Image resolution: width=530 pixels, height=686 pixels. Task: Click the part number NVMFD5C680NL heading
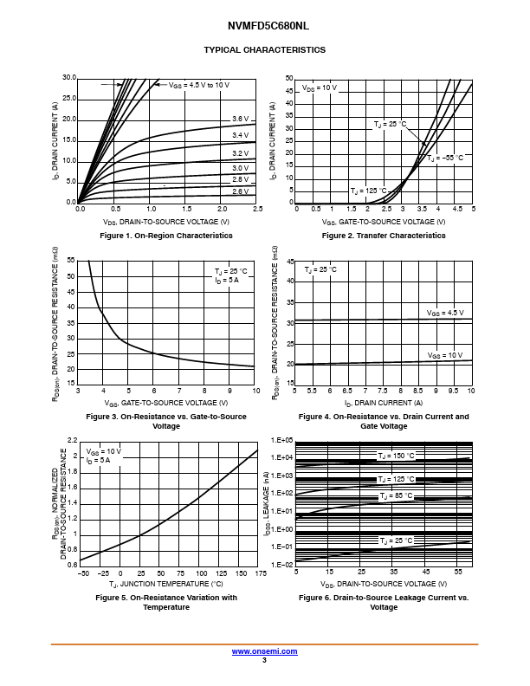264,27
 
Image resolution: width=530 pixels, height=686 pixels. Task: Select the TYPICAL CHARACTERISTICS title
264,50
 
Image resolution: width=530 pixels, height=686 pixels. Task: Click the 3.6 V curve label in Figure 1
240,119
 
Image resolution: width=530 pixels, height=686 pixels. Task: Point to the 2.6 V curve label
240,191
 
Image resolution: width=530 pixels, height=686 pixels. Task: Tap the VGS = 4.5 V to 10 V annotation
198,85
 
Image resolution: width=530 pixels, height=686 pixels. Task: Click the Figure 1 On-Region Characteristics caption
166,236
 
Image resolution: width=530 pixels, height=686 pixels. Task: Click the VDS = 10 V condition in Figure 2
320,88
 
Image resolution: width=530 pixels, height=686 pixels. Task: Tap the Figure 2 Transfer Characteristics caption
384,236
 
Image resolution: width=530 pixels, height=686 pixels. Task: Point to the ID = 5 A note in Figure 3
228,281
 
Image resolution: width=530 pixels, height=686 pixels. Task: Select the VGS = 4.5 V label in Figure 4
444,313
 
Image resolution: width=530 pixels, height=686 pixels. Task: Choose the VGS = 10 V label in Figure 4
446,355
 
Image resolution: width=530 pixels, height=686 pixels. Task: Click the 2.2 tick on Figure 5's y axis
72,441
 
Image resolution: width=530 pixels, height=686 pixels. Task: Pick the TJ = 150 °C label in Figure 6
396,456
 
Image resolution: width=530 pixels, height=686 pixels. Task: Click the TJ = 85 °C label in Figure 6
396,496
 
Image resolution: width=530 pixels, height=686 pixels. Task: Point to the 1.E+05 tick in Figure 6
282,441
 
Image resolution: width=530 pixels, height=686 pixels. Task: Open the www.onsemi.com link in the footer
264,650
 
